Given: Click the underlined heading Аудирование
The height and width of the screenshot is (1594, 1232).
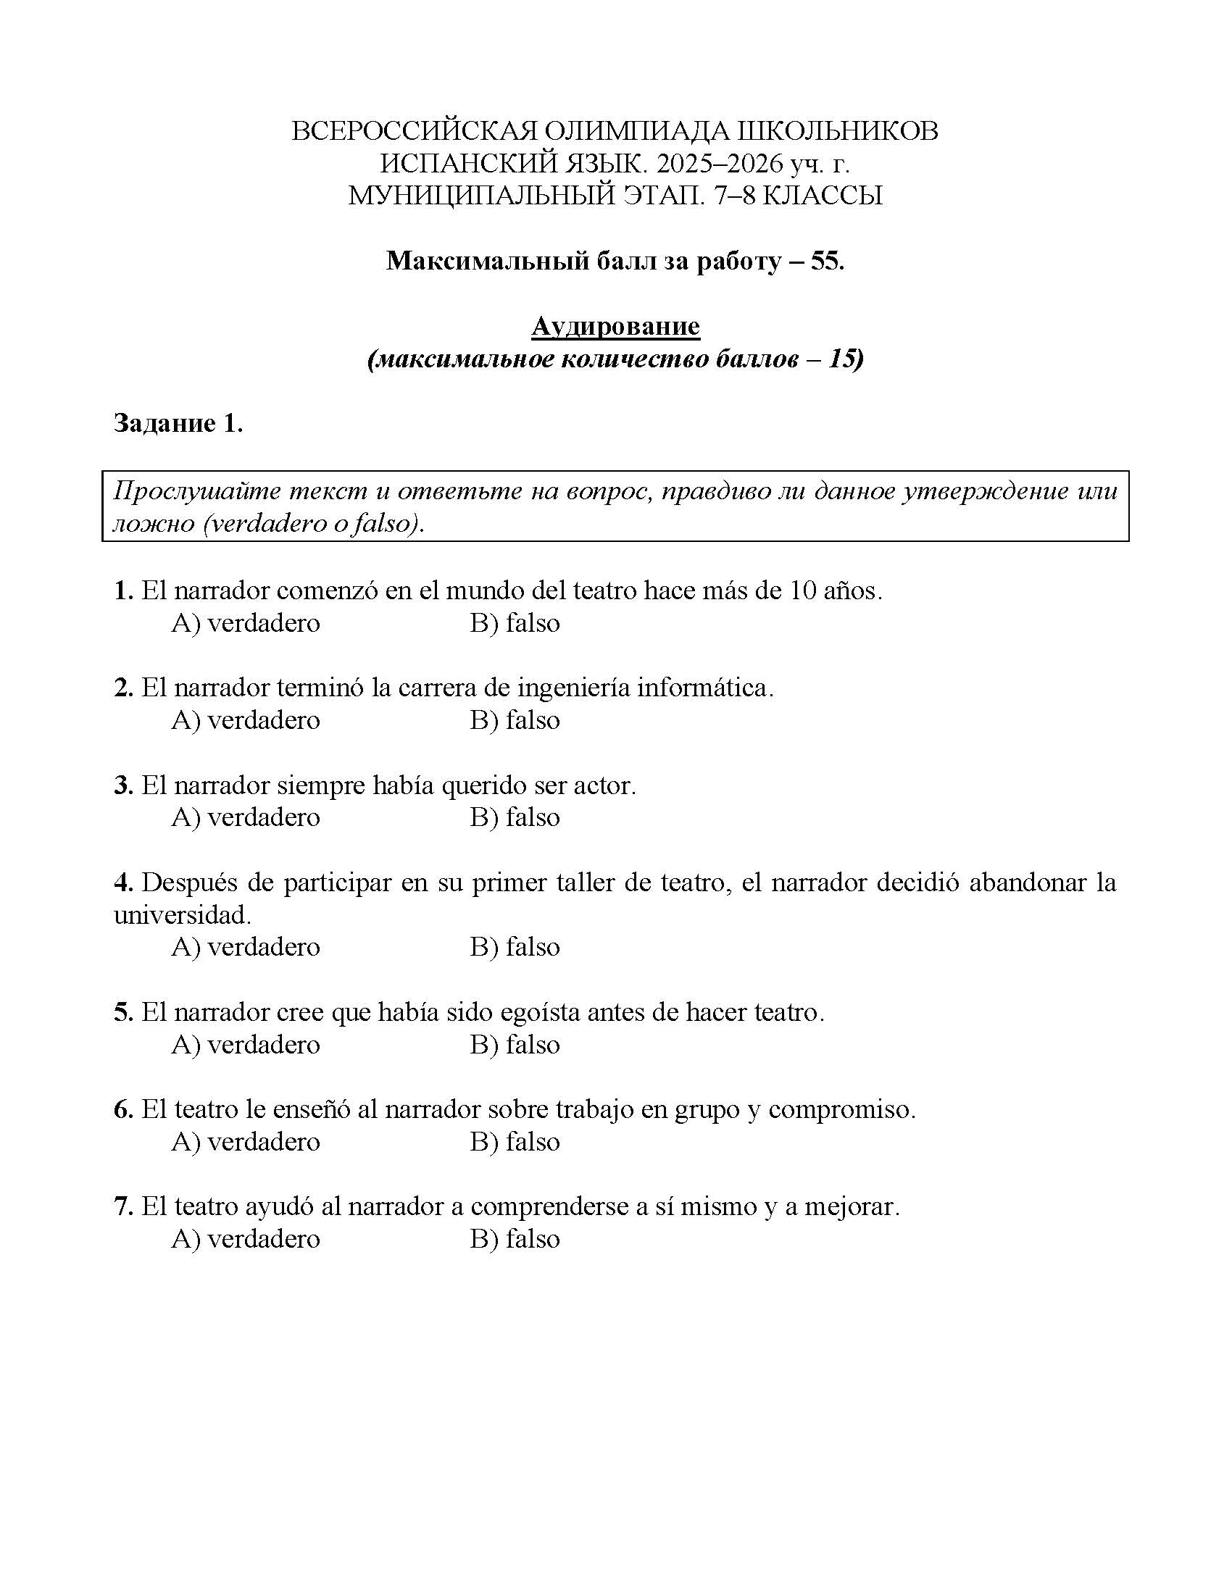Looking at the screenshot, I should click(615, 325).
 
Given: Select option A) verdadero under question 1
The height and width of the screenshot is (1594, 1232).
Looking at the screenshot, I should click(246, 622).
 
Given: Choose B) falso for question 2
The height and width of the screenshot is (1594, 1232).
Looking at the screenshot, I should click(515, 719).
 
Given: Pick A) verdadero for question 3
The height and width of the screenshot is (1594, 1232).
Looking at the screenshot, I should click(246, 817).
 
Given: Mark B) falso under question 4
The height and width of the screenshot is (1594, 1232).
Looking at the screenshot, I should click(515, 947).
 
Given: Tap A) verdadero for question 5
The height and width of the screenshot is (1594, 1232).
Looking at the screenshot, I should click(246, 1044).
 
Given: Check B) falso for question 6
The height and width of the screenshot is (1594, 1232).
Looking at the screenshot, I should click(515, 1141).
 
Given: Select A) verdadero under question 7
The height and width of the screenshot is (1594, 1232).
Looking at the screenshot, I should click(246, 1238).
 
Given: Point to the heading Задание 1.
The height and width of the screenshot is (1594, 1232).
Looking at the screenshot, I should click(178, 422).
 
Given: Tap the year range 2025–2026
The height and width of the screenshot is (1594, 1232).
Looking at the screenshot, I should click(718, 164).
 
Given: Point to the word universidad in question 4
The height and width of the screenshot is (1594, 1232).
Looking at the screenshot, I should click(182, 914).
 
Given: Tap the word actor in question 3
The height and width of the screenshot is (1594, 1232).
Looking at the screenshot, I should click(604, 785).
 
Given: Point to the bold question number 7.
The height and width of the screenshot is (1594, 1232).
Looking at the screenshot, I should click(122, 1207).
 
